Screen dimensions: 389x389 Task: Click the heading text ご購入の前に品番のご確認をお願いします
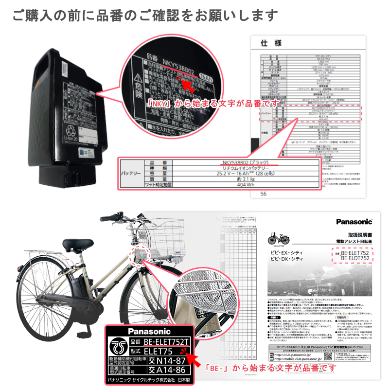[145, 15]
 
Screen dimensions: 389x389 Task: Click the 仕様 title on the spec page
[271, 44]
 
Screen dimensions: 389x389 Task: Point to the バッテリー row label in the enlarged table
[130, 173]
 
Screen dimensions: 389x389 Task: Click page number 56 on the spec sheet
[264, 193]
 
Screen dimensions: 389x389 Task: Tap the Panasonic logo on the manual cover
[354, 222]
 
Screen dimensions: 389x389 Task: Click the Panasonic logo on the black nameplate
[146, 332]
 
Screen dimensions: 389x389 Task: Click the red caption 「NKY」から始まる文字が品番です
[213, 103]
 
